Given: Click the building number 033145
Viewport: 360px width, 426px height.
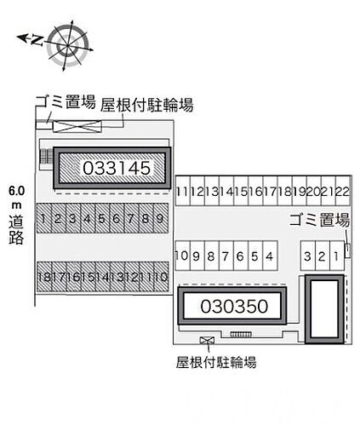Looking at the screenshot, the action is tap(117, 168).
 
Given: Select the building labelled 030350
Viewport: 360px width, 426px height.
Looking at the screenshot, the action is tap(232, 306).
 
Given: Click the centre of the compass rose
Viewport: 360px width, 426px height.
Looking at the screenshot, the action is tap(67, 45).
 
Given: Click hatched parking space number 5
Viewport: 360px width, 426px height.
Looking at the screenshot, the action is tap(102, 218).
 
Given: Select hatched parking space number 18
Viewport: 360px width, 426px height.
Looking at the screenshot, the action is tap(44, 277).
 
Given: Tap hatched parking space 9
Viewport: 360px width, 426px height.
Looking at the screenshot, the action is tap(161, 218).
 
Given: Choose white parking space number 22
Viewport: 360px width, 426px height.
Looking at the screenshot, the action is tap(342, 191).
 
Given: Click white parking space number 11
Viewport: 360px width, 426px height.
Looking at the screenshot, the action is tap(182, 191).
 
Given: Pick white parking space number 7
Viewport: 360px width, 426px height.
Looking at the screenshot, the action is tap(226, 256).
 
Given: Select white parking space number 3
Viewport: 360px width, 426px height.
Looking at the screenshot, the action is tap(308, 256).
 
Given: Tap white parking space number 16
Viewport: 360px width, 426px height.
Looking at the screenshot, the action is tap(255, 191).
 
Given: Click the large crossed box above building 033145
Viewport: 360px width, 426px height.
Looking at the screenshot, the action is tap(77, 126).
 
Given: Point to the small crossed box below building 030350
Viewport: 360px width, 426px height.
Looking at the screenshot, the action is tap(207, 340).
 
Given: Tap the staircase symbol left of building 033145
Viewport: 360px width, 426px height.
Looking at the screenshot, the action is tap(46, 157).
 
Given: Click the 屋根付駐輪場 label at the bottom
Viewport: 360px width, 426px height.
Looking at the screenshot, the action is tap(216, 362).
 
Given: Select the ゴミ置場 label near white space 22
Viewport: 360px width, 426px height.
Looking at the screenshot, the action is tap(319, 220).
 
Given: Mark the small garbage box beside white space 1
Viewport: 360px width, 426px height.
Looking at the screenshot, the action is tap(347, 250).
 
